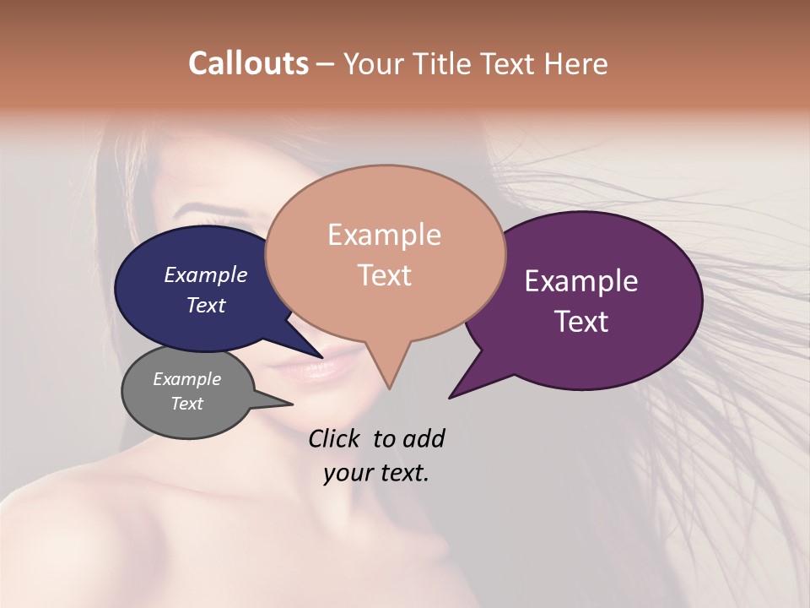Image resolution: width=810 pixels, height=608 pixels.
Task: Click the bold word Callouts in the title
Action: (x=248, y=63)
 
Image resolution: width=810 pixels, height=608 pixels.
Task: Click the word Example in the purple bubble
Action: (x=581, y=281)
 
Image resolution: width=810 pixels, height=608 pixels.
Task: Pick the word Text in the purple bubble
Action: (x=581, y=322)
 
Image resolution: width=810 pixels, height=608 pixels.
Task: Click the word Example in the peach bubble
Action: (x=384, y=235)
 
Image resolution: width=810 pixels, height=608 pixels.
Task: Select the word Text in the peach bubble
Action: (x=384, y=275)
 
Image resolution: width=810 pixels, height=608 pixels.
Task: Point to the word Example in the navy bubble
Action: (x=205, y=275)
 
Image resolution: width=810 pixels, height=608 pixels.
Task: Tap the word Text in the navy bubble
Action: (x=205, y=305)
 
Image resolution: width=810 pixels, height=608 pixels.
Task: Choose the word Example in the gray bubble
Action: (x=186, y=379)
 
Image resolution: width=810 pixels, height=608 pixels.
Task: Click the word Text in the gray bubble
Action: (x=186, y=404)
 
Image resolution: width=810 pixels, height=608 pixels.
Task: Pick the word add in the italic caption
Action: (x=423, y=438)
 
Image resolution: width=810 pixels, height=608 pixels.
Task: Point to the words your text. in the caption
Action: (x=375, y=473)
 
